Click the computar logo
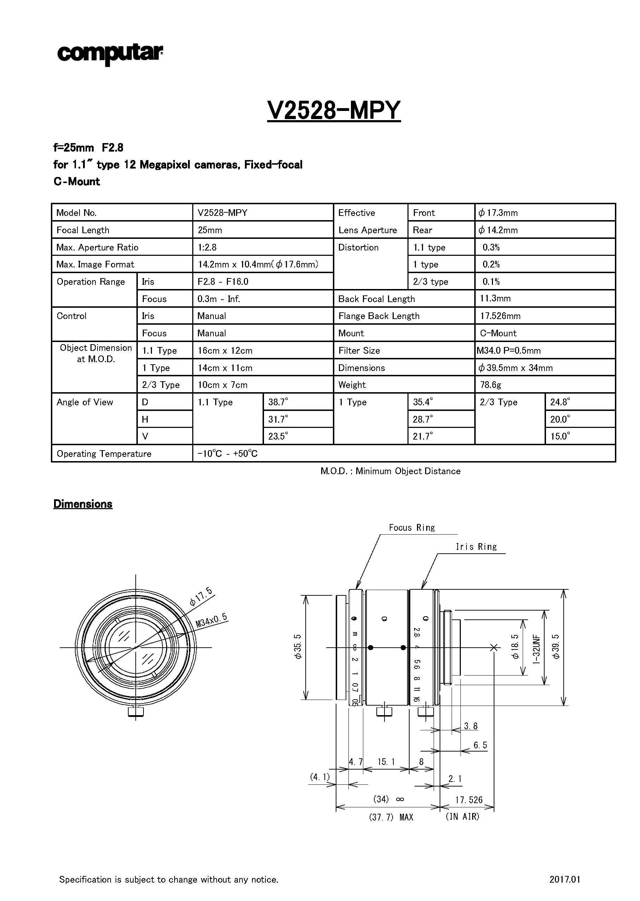point(110,54)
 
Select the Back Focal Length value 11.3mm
point(495,298)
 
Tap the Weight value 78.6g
point(490,384)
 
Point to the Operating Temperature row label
point(104,453)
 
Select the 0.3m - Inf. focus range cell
point(219,299)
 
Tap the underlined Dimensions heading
point(83,504)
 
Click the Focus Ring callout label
point(411,528)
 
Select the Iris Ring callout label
point(476,547)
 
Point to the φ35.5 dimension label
point(298,647)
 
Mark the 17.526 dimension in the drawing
point(469,800)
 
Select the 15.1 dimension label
point(386,761)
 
